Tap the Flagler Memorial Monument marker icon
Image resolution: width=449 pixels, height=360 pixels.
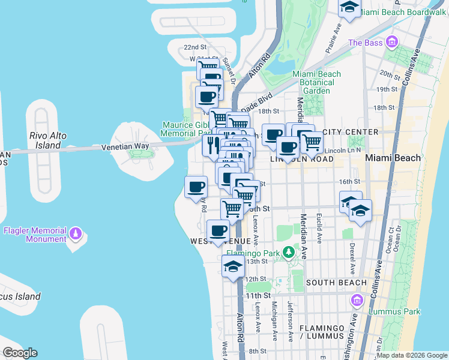point(76,232)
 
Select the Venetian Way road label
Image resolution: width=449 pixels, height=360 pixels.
point(125,146)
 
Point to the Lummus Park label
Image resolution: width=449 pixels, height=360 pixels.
point(394,311)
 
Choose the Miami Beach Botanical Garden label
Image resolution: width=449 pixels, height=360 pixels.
point(316,82)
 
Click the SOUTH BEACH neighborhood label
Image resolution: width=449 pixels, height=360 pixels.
point(336,283)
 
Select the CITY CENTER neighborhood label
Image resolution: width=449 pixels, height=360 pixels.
point(351,132)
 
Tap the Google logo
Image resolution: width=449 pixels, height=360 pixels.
point(20,352)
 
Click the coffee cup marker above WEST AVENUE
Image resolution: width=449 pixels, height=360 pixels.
point(218,230)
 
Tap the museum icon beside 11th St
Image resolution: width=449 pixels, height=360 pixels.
point(358,299)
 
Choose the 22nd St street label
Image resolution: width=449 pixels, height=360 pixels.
point(195,47)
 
